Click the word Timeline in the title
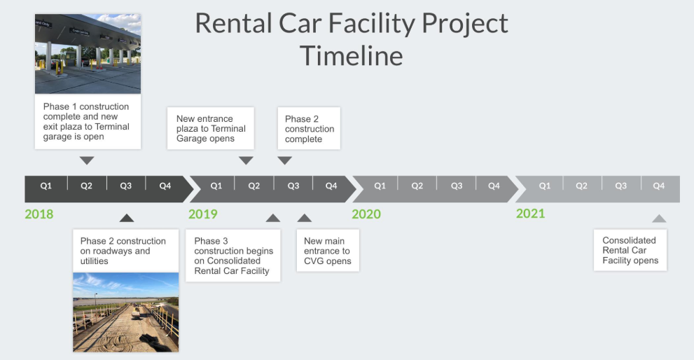pos(352,56)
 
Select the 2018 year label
pos(39,214)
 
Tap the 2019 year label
pos(202,214)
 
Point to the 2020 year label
pos(366,214)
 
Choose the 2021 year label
pos(530,214)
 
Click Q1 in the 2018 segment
pos(46,186)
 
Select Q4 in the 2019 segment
pos(331,186)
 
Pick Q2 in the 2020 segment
pos(417,186)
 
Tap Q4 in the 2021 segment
pos(658,186)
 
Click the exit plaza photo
pos(88,53)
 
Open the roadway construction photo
pos(125,312)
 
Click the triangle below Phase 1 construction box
pos(87,160)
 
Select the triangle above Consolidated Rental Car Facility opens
pos(659,219)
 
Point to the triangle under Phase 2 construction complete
pos(284,160)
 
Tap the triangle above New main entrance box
pos(304,218)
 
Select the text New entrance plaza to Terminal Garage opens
pos(211,128)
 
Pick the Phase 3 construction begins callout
pos(233,256)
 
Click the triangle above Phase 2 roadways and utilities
pos(127,218)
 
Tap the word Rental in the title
pos(233,23)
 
